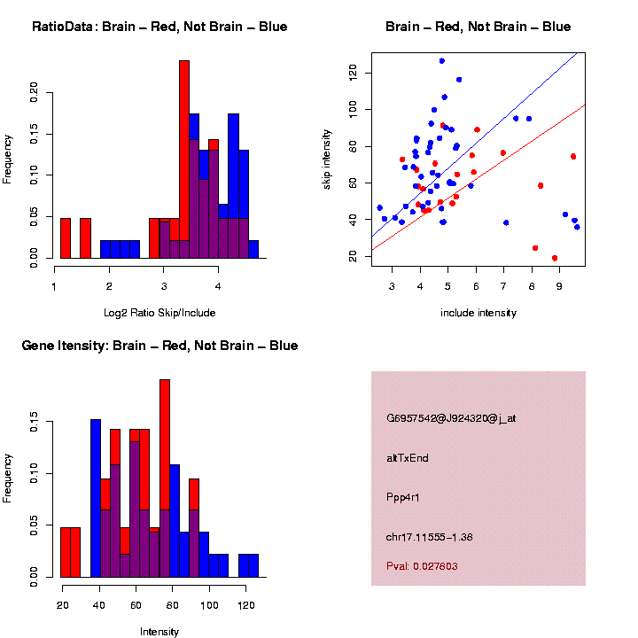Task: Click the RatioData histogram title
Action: (159, 27)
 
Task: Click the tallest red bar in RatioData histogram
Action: (184, 159)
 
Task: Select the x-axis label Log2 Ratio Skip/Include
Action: (159, 312)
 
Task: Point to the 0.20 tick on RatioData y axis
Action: (35, 91)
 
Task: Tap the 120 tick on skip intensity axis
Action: (335, 73)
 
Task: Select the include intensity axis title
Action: (478, 312)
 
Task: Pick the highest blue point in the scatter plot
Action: (441, 61)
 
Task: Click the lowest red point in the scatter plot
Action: (555, 258)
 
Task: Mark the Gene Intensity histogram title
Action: (159, 346)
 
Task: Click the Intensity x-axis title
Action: (159, 632)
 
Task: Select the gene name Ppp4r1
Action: (403, 497)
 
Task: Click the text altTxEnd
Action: (407, 458)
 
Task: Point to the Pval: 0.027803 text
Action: (422, 565)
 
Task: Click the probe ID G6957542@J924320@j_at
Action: (451, 418)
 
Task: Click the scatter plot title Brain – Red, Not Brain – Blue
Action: (478, 27)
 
